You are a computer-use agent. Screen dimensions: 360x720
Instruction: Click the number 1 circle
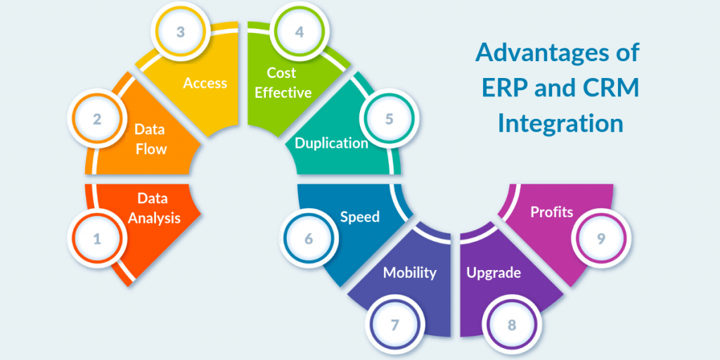point(97,239)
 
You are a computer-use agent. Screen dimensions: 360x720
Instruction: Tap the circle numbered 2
point(97,119)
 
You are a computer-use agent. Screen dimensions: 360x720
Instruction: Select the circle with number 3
point(180,32)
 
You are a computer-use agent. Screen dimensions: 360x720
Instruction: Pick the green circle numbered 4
point(300,32)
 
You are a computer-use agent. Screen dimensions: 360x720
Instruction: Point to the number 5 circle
point(389,119)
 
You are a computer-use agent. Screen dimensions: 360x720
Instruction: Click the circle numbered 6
point(308,239)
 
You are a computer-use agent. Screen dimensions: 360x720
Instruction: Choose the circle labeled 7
point(394,325)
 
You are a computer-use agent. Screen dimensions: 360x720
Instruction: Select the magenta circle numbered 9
point(601,239)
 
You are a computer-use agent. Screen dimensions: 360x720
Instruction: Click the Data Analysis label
point(154,208)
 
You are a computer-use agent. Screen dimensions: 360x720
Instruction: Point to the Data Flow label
point(151,139)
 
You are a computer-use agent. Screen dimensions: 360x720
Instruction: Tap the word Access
point(205,83)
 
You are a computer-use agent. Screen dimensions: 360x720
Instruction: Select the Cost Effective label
point(283,83)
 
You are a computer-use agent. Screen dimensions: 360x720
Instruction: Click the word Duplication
point(331,143)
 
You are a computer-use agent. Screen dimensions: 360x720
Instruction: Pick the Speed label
point(360,217)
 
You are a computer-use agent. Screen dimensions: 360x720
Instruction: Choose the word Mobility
point(410,272)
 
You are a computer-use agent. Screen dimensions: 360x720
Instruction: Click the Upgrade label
point(494,272)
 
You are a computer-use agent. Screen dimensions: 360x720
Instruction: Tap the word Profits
point(552,212)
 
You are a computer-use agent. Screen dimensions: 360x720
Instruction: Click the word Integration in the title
point(560,124)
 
